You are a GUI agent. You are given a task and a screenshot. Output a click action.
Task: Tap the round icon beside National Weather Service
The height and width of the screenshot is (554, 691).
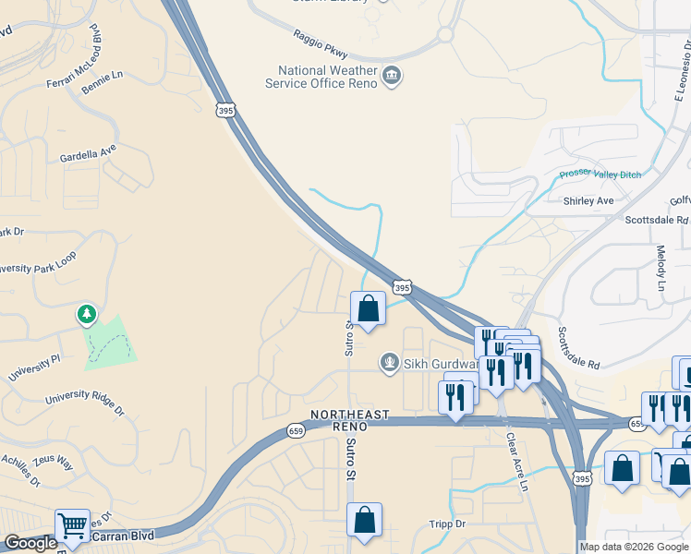[392, 75]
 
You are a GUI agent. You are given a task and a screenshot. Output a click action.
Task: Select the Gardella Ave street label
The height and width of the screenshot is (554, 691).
[88, 151]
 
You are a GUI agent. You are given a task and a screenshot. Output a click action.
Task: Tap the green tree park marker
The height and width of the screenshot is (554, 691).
[87, 315]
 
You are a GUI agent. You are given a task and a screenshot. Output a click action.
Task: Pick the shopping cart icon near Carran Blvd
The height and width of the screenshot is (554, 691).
[72, 526]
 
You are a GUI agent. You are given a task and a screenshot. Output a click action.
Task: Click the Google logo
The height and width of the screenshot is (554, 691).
[30, 544]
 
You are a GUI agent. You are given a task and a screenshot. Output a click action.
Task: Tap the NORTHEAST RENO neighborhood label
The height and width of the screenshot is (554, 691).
[350, 420]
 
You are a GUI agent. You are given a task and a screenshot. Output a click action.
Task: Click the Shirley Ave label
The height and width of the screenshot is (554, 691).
[588, 200]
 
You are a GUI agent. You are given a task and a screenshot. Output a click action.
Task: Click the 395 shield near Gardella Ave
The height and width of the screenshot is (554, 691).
[225, 111]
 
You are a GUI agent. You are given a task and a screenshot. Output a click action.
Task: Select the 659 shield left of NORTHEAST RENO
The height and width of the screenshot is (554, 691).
[296, 430]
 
